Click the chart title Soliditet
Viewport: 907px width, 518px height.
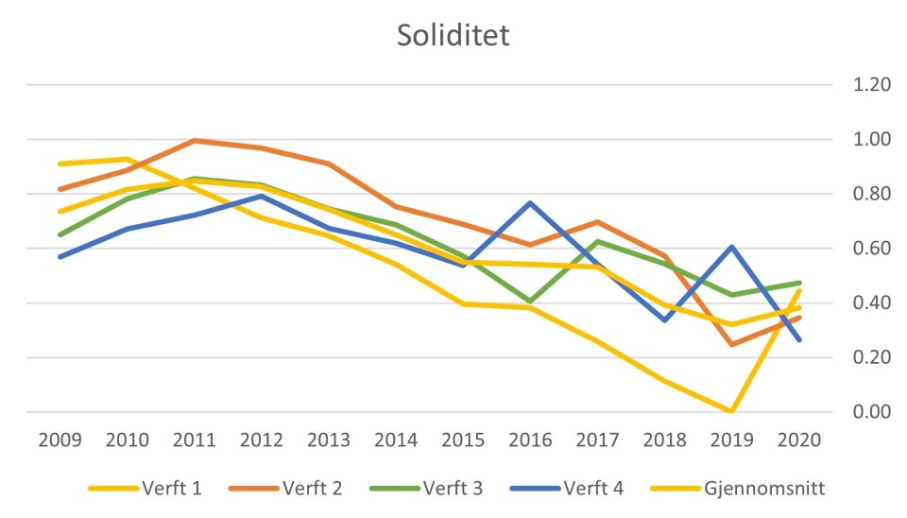[453, 36]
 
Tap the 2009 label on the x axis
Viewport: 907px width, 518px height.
[59, 440]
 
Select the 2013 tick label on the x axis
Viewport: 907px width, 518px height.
[330, 440]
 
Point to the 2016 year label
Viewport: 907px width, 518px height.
[532, 440]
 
